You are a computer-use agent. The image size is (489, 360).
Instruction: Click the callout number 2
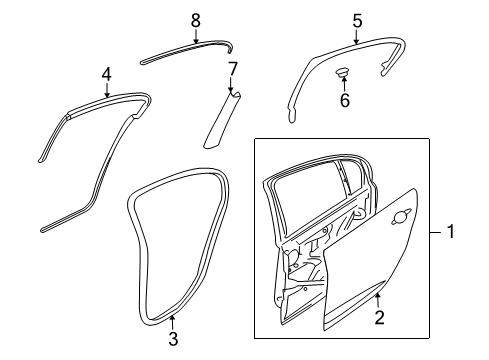click(378, 317)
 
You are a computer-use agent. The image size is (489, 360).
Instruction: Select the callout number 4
click(106, 72)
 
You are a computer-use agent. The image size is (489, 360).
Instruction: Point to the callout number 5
click(357, 18)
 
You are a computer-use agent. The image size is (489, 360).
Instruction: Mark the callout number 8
click(195, 18)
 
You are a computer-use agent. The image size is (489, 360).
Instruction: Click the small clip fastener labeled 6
click(343, 72)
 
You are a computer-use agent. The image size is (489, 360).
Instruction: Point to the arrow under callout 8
click(195, 35)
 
